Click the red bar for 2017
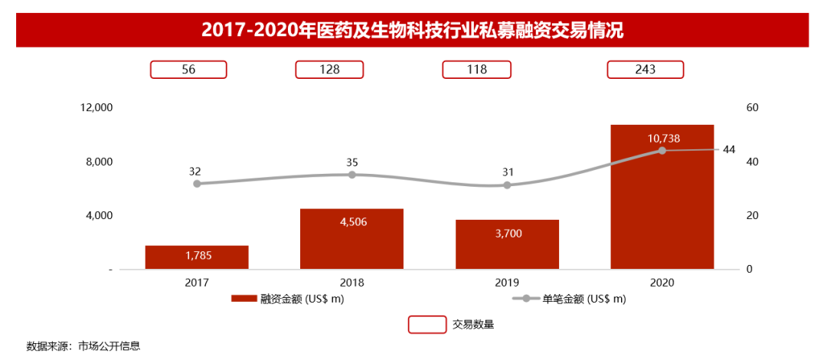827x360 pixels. [197, 257]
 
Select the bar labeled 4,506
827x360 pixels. [351, 238]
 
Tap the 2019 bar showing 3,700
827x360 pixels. [507, 244]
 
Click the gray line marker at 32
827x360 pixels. [197, 184]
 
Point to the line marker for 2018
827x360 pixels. [352, 175]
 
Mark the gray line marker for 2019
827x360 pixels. [507, 185]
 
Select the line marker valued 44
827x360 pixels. [662, 150]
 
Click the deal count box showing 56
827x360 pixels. [188, 70]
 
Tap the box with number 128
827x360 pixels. [329, 70]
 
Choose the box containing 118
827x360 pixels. [477, 70]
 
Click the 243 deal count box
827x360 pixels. [645, 70]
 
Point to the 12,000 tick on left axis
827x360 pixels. [96, 108]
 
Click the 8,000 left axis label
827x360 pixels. [96, 162]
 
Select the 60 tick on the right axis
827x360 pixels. [751, 108]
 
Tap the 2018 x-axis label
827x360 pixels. [351, 282]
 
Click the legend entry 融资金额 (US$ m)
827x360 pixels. [288, 299]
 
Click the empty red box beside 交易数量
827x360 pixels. [427, 324]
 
